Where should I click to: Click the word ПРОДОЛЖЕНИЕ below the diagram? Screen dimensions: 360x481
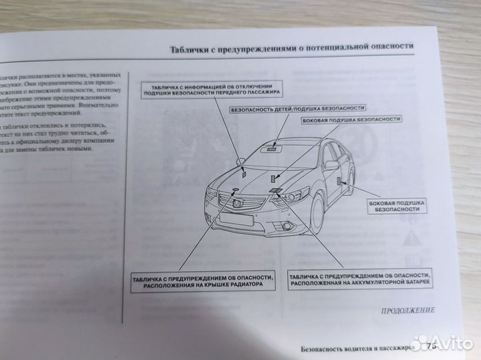pyautogui.click(x=408, y=310)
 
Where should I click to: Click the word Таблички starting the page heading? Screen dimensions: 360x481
pyautogui.click(x=193, y=49)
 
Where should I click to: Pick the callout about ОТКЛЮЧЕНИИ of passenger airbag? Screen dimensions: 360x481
pyautogui.click(x=211, y=92)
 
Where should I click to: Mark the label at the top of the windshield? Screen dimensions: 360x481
pyautogui.click(x=272, y=150)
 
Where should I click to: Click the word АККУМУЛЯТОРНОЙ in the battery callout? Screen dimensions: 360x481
pyautogui.click(x=371, y=284)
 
